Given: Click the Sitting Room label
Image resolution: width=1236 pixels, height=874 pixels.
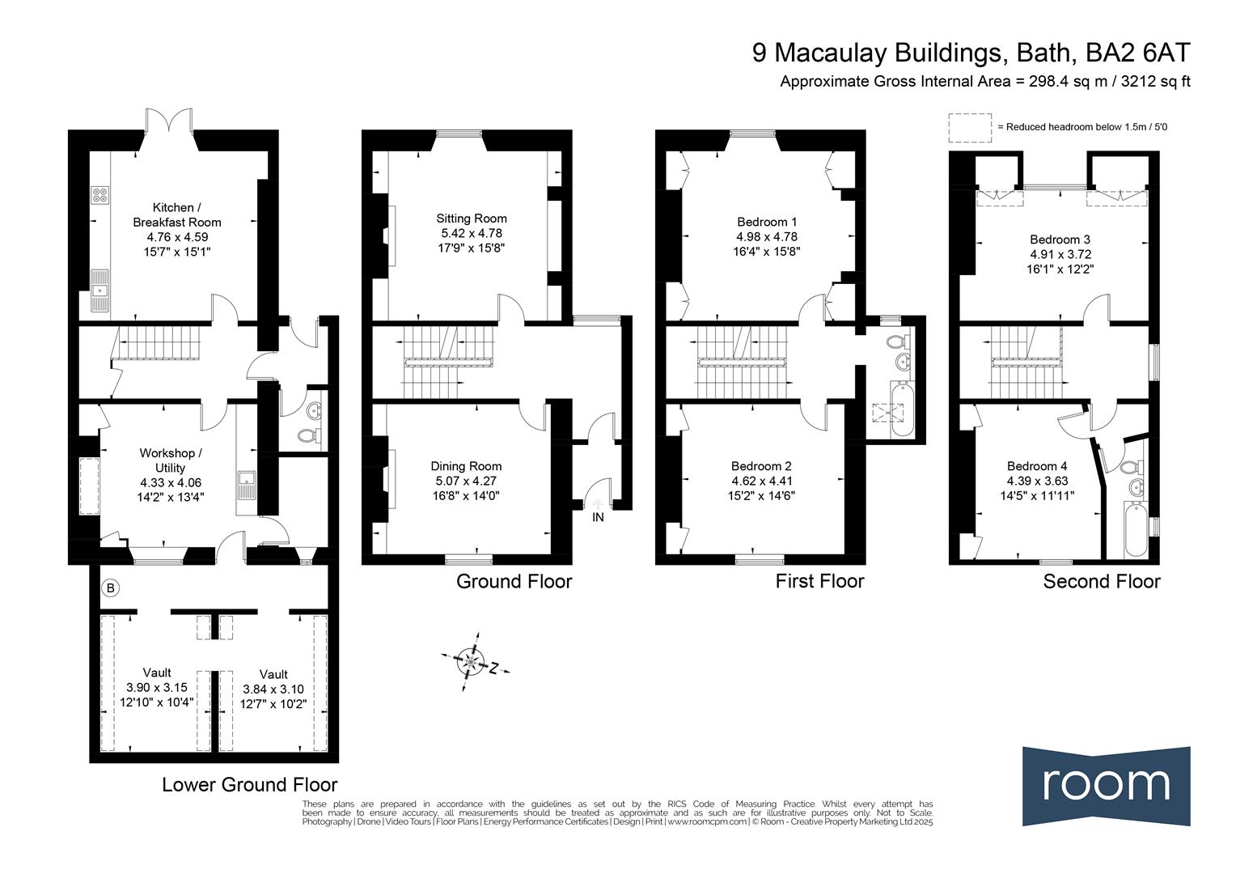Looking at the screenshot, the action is click(x=472, y=218).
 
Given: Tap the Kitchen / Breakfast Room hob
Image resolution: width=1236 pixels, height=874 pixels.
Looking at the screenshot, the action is click(x=99, y=194).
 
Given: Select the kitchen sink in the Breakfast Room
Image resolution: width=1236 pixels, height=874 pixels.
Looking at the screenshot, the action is click(x=99, y=291).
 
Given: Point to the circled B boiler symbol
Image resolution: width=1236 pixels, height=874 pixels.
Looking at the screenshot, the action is click(x=110, y=588).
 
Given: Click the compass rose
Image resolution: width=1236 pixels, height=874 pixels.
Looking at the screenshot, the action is click(x=472, y=661).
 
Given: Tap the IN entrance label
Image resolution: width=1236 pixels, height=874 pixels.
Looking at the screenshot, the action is click(x=598, y=517).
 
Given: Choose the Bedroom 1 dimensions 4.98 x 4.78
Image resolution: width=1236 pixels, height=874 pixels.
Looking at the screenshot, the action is click(x=767, y=237).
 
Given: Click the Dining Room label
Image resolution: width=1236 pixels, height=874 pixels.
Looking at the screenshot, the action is click(x=466, y=467).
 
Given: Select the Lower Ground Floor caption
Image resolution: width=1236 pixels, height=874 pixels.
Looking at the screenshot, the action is click(x=249, y=784).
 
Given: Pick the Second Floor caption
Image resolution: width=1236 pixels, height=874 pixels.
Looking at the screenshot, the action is click(x=1102, y=581).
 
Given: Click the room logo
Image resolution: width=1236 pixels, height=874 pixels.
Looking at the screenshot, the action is click(x=1107, y=787).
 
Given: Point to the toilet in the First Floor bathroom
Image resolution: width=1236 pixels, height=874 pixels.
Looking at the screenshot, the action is click(x=899, y=342).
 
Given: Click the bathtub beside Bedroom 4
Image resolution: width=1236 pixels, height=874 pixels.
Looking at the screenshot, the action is click(x=1136, y=529).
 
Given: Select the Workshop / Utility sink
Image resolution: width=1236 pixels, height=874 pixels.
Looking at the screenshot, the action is click(x=247, y=486).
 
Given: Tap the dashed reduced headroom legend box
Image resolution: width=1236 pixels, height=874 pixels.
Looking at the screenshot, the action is click(x=970, y=128).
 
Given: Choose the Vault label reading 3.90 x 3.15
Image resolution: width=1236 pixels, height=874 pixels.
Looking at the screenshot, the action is click(x=157, y=687).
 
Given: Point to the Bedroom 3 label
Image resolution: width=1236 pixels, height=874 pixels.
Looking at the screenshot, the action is click(x=1060, y=240).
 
